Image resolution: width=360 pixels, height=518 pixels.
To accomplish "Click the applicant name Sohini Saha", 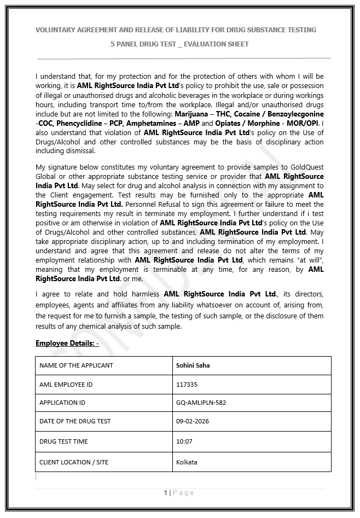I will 193,365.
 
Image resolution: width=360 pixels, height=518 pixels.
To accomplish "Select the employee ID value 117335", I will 187,385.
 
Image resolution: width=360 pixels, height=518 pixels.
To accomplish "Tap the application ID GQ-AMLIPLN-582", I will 201,403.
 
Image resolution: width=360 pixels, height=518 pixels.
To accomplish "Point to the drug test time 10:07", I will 184,441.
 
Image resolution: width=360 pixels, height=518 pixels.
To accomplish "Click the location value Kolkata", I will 187,462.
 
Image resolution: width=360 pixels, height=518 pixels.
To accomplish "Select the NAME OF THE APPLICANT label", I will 76,365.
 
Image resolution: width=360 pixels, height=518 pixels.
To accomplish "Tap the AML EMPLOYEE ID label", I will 66,385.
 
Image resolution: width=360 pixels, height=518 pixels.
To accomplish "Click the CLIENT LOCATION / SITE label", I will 74,462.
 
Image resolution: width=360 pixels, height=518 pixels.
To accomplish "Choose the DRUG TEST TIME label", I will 63,441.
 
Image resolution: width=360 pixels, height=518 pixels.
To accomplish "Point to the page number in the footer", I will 166,493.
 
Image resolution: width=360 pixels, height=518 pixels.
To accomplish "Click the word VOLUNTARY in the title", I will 56,30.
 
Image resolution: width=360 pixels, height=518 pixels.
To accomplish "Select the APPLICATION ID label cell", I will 62,403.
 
